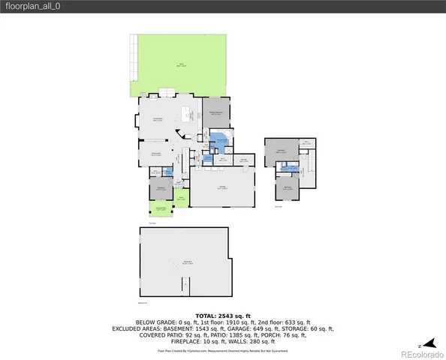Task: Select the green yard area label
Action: (180, 64)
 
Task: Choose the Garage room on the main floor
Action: (222, 187)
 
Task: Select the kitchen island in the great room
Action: (185, 115)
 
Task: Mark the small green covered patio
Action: (161, 210)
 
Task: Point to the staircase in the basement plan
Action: (185, 286)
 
